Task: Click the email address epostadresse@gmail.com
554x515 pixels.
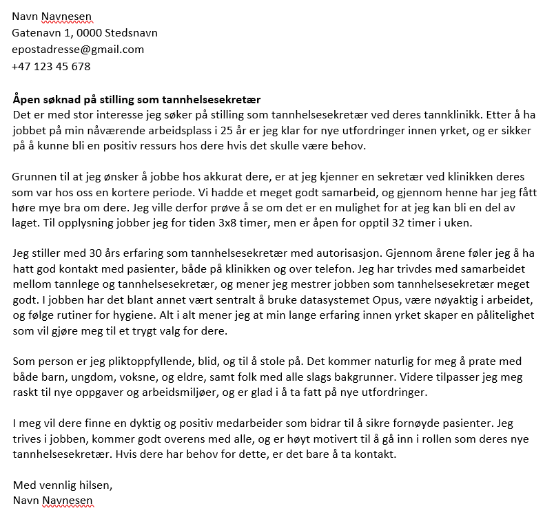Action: click(78, 50)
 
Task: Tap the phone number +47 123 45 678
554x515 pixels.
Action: click(51, 67)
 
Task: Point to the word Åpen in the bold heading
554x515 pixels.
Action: click(25, 99)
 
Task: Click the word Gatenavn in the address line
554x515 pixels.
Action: click(36, 33)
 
